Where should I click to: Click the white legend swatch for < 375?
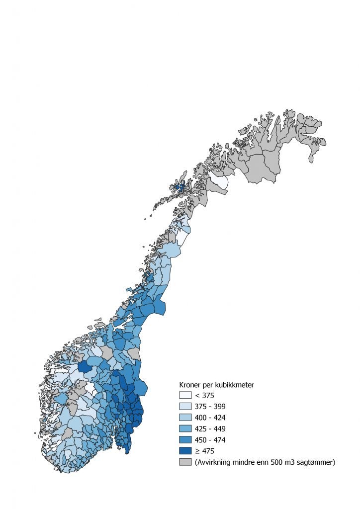point(185,395)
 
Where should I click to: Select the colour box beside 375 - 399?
point(185,406)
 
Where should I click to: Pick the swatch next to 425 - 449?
point(185,428)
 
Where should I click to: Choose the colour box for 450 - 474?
point(185,440)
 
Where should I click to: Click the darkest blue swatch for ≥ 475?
point(185,451)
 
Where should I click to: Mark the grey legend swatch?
point(185,462)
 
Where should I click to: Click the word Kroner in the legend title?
point(191,385)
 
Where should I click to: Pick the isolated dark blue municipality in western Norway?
point(85,368)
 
